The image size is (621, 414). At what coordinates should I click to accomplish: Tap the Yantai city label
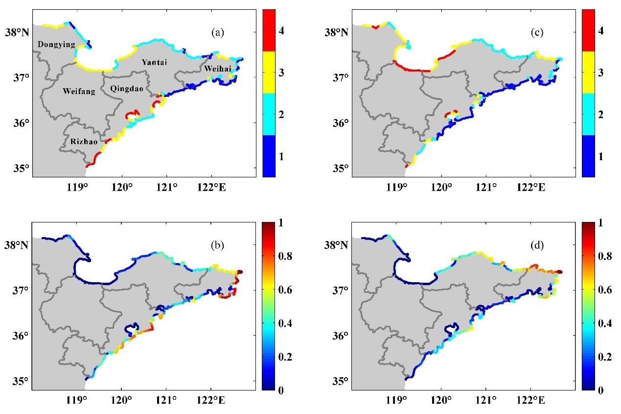coord(154,62)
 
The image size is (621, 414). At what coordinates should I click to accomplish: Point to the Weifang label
coord(79,91)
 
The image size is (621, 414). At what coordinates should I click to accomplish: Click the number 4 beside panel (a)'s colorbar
coord(281,31)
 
